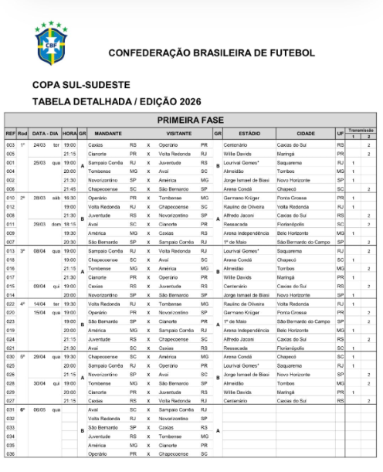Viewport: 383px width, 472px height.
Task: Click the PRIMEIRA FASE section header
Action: [191, 120]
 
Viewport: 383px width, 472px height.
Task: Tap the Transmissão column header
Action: [361, 130]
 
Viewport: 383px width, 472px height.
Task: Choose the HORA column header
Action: [69, 133]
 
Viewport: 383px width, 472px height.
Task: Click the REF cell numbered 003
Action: [10, 144]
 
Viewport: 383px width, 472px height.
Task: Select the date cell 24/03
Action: [39, 144]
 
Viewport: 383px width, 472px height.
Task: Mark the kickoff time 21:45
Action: [69, 188]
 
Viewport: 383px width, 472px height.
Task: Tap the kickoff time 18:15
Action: [69, 224]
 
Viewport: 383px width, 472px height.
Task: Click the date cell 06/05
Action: [39, 409]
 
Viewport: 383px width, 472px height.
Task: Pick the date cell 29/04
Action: [39, 357]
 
